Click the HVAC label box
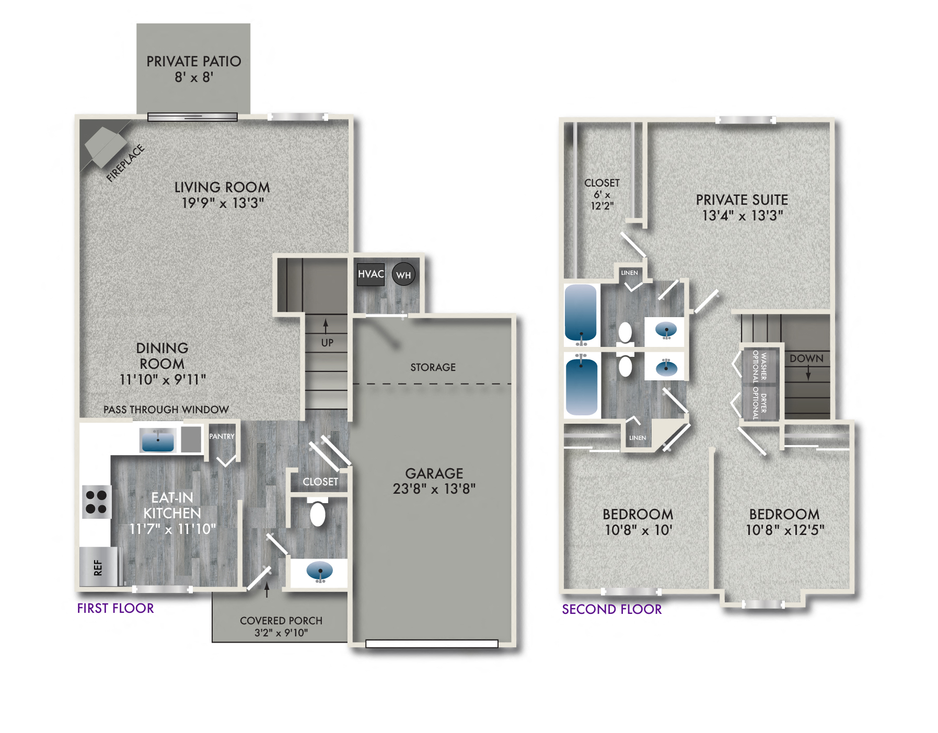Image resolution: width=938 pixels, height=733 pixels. click(x=370, y=274)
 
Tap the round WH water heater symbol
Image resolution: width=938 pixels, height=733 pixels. click(x=403, y=275)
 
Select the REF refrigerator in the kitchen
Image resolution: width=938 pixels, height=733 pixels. click(x=98, y=567)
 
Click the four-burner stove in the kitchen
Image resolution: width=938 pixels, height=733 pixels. click(x=96, y=502)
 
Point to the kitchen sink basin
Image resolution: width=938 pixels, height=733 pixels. click(x=157, y=440)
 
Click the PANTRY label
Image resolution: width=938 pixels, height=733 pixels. click(x=222, y=436)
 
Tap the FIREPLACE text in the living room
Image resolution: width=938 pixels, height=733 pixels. click(x=125, y=163)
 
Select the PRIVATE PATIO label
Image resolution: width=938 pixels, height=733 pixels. click(x=193, y=62)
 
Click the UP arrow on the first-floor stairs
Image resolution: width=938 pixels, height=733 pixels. click(x=326, y=325)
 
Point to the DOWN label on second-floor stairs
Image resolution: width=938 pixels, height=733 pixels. click(x=806, y=358)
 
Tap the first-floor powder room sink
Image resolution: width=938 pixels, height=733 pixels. click(x=319, y=571)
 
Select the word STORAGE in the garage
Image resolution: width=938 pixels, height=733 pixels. click(x=433, y=367)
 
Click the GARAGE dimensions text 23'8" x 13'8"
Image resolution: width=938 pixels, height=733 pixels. click(x=434, y=489)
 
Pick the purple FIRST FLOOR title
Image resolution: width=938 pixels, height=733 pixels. click(x=115, y=608)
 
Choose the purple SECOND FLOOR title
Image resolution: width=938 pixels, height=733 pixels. click(x=611, y=609)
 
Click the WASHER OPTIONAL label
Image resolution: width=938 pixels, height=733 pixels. click(x=759, y=366)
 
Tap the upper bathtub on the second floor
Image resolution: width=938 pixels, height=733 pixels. click(x=581, y=312)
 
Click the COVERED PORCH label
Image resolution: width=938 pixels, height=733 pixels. click(x=281, y=621)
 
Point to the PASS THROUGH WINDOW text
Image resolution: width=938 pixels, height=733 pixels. click(x=166, y=410)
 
